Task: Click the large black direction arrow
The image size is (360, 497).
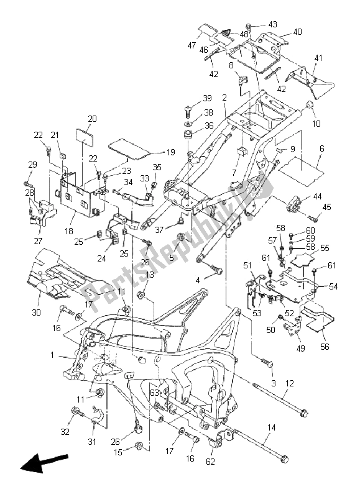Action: (x=42, y=463)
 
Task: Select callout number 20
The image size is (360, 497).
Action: (x=92, y=119)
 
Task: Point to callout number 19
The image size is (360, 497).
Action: (x=170, y=152)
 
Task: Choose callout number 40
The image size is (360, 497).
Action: (x=297, y=31)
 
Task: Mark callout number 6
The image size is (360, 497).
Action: (x=321, y=148)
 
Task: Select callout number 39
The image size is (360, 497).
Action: (x=207, y=99)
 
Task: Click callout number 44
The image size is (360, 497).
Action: (x=318, y=196)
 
